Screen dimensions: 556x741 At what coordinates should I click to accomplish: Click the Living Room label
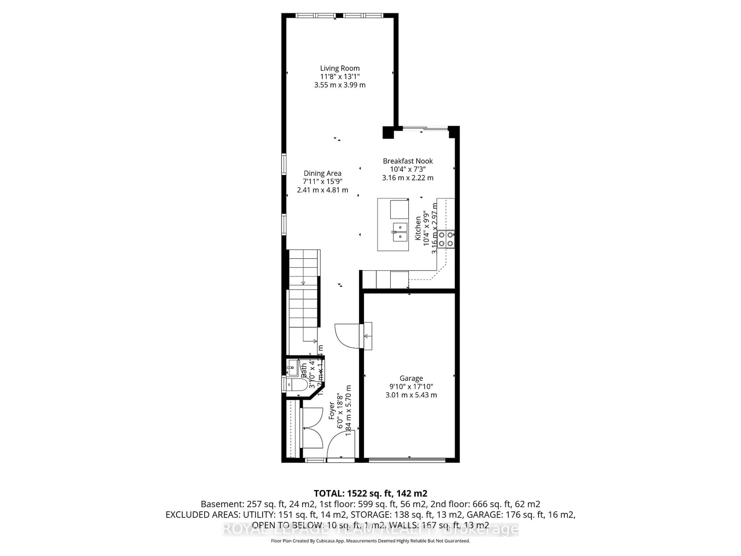tap(340, 68)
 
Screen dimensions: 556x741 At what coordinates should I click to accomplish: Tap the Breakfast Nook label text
tap(408, 161)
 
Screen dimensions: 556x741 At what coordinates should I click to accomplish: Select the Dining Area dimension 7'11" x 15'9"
tap(322, 182)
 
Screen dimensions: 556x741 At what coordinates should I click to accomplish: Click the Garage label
tap(411, 378)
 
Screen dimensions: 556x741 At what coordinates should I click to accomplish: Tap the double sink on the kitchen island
tap(400, 232)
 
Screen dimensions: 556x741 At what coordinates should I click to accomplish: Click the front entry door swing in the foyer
tap(340, 445)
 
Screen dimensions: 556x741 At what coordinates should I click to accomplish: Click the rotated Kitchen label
tap(418, 228)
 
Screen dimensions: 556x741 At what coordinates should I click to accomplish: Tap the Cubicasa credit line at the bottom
tap(370, 541)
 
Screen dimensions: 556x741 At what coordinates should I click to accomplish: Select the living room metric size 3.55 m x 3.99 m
tap(340, 85)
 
